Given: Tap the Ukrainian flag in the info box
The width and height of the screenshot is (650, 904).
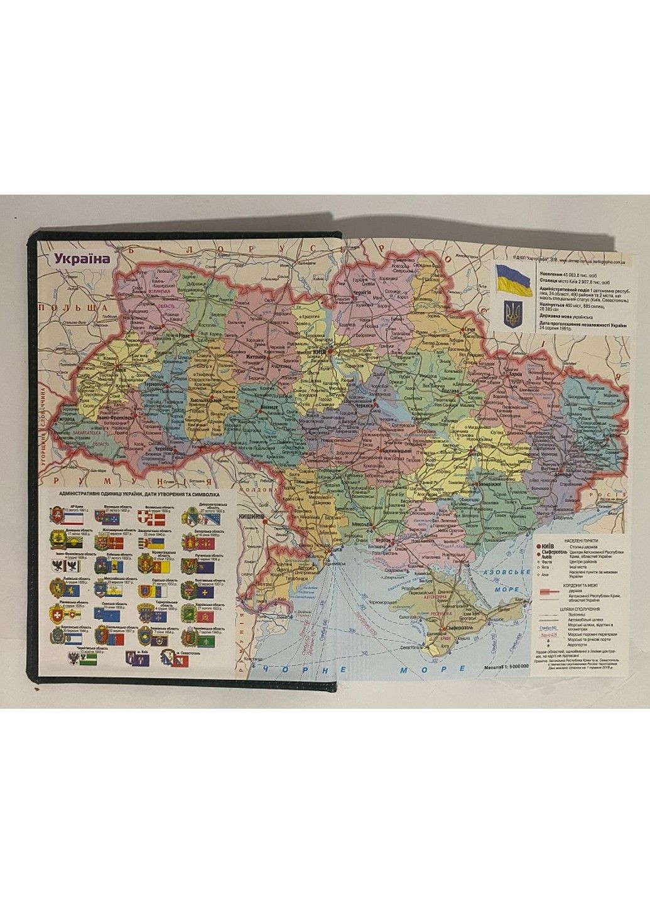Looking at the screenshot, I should tap(514, 281).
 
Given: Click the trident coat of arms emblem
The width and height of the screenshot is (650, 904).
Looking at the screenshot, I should tap(513, 313).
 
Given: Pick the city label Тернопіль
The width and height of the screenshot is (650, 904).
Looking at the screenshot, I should tap(154, 384).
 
